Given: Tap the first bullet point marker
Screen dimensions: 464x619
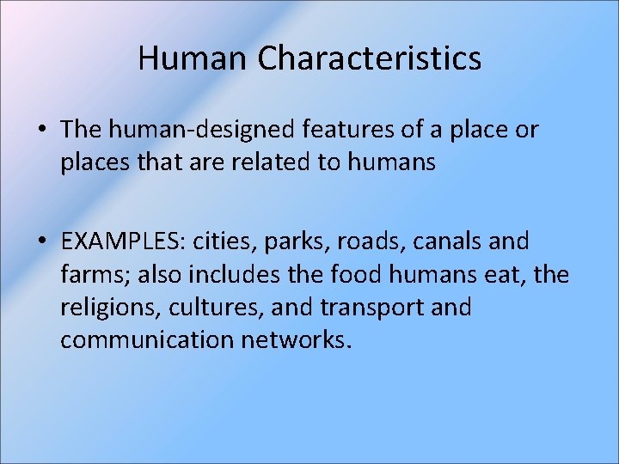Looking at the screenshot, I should click(x=42, y=131).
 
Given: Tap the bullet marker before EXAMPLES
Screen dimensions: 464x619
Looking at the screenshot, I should click(x=42, y=242).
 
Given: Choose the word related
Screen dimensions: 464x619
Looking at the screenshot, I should click(x=281, y=162).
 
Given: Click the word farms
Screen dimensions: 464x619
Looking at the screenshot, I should click(x=90, y=275).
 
